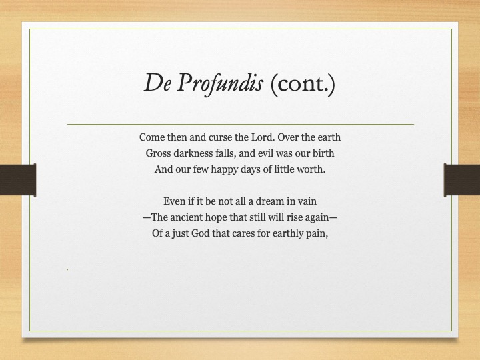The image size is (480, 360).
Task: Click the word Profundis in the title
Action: coord(220,83)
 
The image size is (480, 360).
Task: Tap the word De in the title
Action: coord(157,83)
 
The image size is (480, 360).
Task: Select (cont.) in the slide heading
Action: coord(303,83)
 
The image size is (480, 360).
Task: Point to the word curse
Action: coord(220,137)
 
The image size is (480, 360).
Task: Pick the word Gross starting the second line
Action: coord(158,153)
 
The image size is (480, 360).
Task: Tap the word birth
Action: coord(323,153)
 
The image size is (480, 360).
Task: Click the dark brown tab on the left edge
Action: coord(18,180)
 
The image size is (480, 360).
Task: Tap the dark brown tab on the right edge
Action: coord(462,180)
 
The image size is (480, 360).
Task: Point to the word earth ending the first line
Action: coord(329,137)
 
